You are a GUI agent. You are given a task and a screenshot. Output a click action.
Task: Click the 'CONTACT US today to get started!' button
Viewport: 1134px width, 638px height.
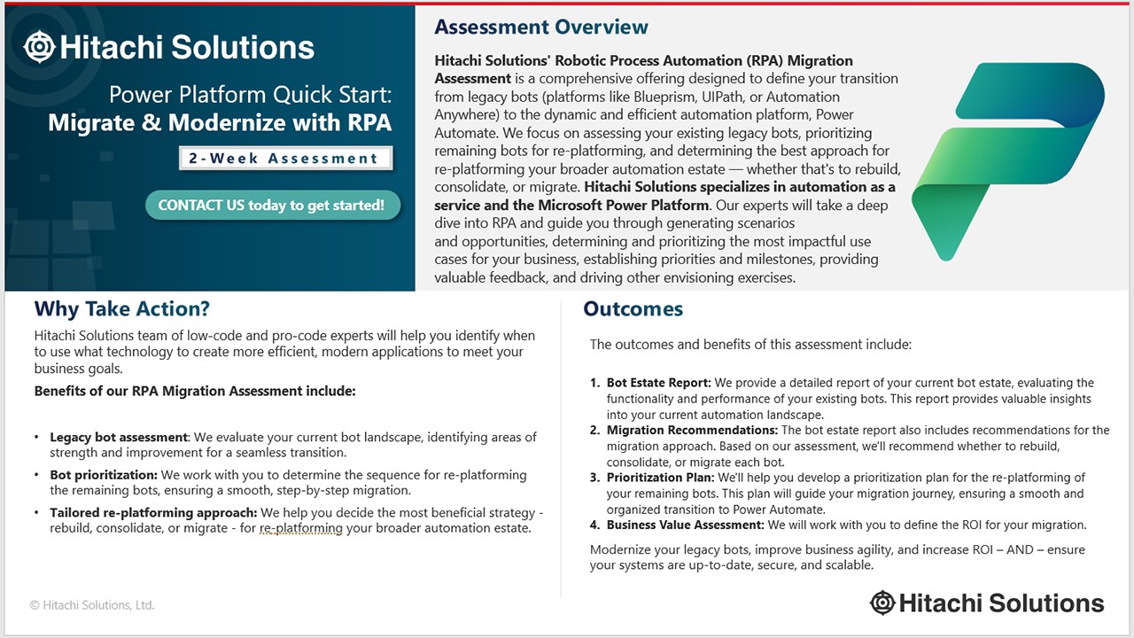272,205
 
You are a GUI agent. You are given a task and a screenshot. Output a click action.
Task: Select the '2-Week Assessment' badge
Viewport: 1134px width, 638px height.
283,159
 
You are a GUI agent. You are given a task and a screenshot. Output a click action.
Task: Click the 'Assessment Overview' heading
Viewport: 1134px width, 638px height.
541,27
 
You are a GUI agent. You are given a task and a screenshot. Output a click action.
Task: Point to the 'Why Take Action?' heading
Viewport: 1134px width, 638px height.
122,308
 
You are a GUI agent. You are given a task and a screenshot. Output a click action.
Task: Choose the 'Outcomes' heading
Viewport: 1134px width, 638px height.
633,308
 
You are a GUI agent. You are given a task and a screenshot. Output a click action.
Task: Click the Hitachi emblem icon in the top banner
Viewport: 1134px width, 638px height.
39,47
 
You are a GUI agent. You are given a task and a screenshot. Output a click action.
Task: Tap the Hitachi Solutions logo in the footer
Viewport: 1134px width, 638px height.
987,603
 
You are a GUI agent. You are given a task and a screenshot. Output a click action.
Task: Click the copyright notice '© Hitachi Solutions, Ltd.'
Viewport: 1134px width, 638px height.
92,605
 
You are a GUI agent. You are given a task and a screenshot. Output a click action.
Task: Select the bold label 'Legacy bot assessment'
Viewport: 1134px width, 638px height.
119,437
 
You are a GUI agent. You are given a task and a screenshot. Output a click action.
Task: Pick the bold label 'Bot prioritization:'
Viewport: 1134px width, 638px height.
104,475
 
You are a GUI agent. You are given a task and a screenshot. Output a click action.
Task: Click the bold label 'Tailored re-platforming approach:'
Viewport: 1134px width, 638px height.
153,513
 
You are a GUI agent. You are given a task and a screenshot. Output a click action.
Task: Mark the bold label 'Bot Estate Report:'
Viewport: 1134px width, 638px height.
658,383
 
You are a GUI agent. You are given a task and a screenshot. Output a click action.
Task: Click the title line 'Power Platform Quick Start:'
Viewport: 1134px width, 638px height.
250,94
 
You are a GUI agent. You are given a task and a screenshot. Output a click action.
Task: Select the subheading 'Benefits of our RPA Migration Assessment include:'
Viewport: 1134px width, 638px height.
195,391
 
